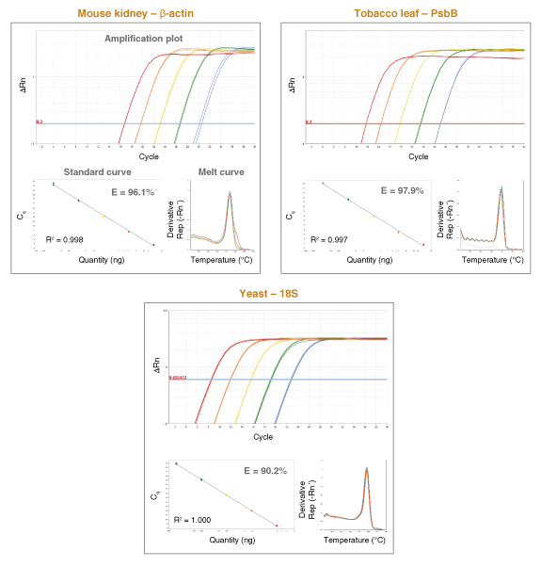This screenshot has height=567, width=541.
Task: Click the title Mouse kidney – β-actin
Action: coord(138,11)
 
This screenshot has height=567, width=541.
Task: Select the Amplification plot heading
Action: coord(143,40)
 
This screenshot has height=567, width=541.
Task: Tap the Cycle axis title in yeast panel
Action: coord(263,437)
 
